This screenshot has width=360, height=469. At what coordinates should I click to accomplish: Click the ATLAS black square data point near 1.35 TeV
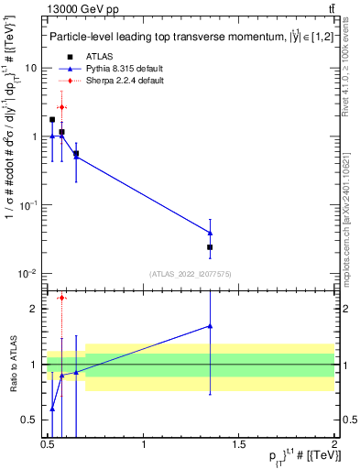tap(211, 247)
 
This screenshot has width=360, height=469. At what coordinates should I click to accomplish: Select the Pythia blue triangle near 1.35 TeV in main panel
tap(211, 233)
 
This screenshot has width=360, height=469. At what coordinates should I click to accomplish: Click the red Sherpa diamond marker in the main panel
tap(61, 107)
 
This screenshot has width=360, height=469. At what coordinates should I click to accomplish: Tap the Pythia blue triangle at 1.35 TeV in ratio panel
tap(211, 325)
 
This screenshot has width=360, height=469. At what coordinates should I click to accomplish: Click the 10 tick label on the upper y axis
tap(31, 69)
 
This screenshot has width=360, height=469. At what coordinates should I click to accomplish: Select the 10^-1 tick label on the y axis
tap(28, 205)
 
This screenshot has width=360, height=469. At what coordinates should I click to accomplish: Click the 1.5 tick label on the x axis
tap(239, 445)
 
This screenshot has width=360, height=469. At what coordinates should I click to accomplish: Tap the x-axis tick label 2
tap(334, 445)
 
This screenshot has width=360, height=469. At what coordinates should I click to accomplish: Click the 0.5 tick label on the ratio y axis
tap(32, 420)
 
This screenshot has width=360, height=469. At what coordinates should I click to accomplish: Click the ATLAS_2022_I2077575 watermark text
tap(191, 274)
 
